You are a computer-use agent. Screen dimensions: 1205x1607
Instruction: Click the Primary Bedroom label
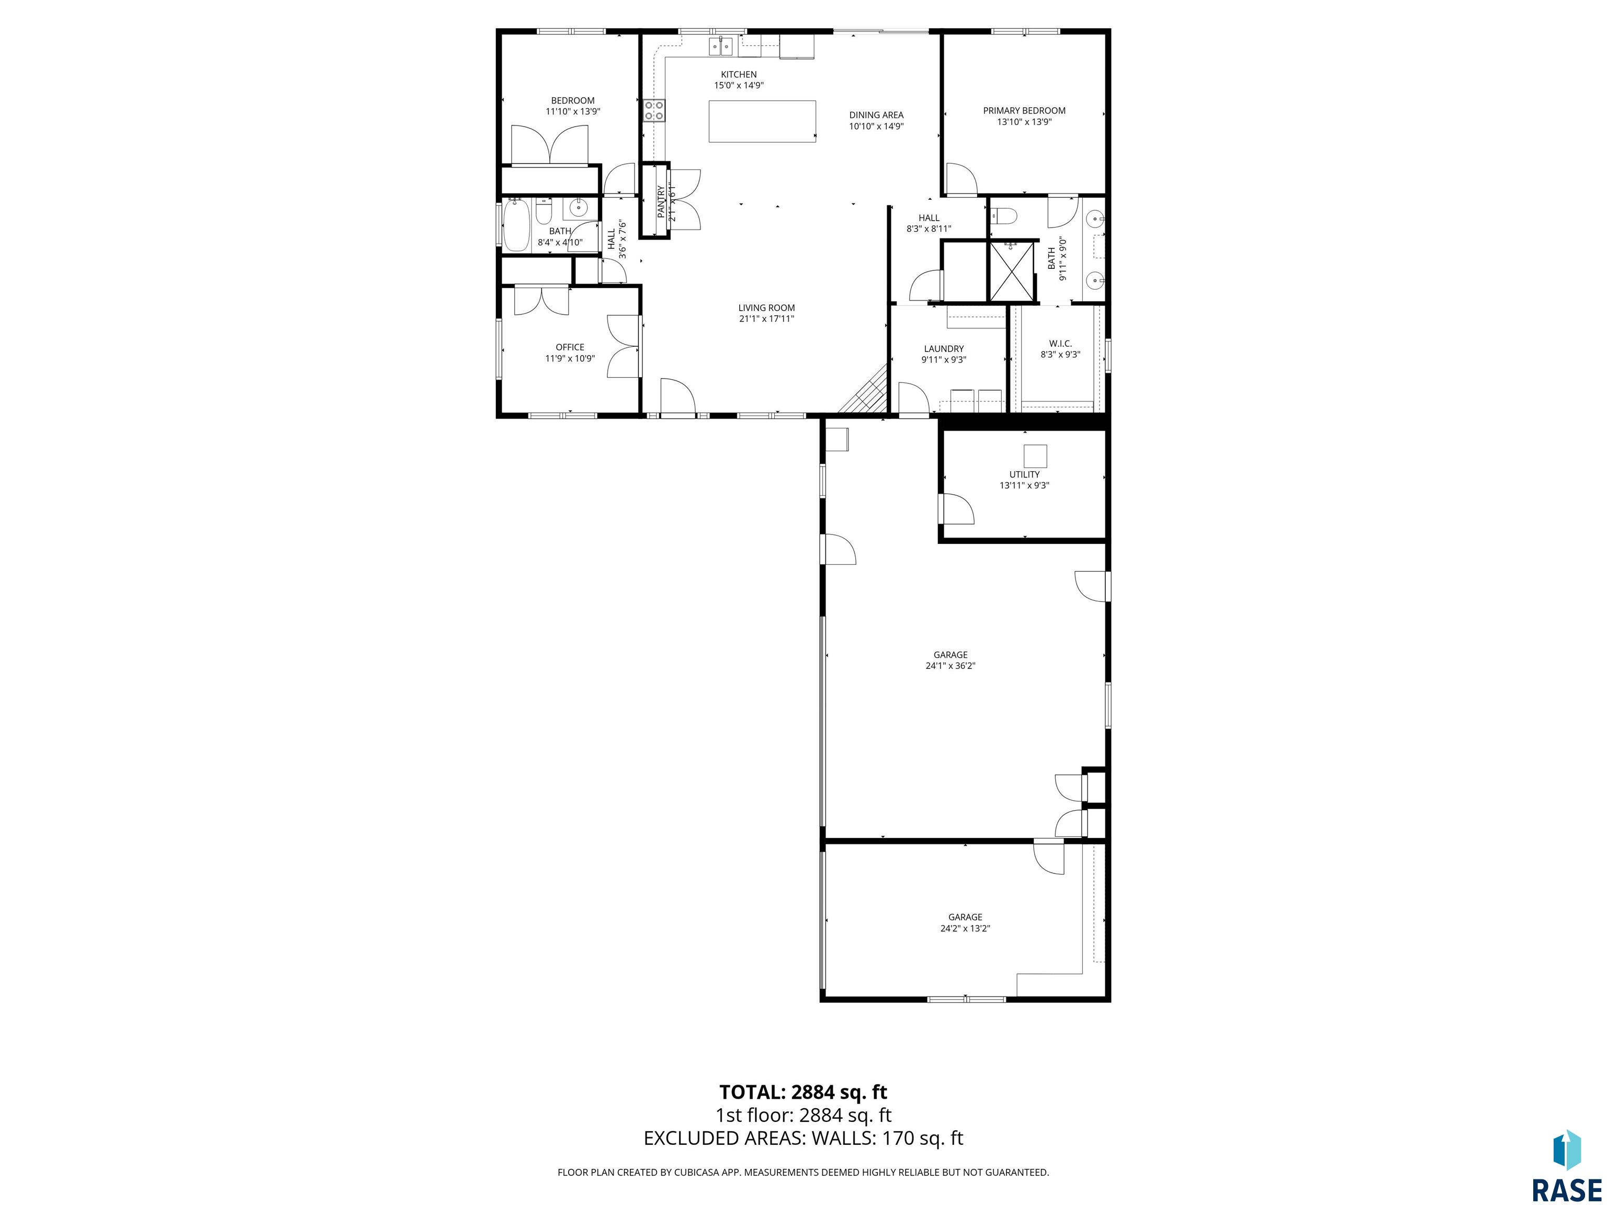1024,110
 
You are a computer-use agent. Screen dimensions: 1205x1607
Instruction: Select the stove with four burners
654,110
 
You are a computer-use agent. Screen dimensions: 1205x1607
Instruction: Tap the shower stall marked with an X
1011,271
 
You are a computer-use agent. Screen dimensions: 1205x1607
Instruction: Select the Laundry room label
944,349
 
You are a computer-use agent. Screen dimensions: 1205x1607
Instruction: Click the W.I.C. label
1060,344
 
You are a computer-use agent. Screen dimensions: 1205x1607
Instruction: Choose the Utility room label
1024,474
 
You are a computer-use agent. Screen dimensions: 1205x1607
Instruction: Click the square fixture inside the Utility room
1035,456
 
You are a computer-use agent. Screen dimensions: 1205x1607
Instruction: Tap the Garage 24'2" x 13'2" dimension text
965,928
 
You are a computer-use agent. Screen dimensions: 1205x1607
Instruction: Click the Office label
570,347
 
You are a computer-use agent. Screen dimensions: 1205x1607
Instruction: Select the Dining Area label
876,115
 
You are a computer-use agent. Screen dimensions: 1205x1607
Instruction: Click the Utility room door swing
957,509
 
